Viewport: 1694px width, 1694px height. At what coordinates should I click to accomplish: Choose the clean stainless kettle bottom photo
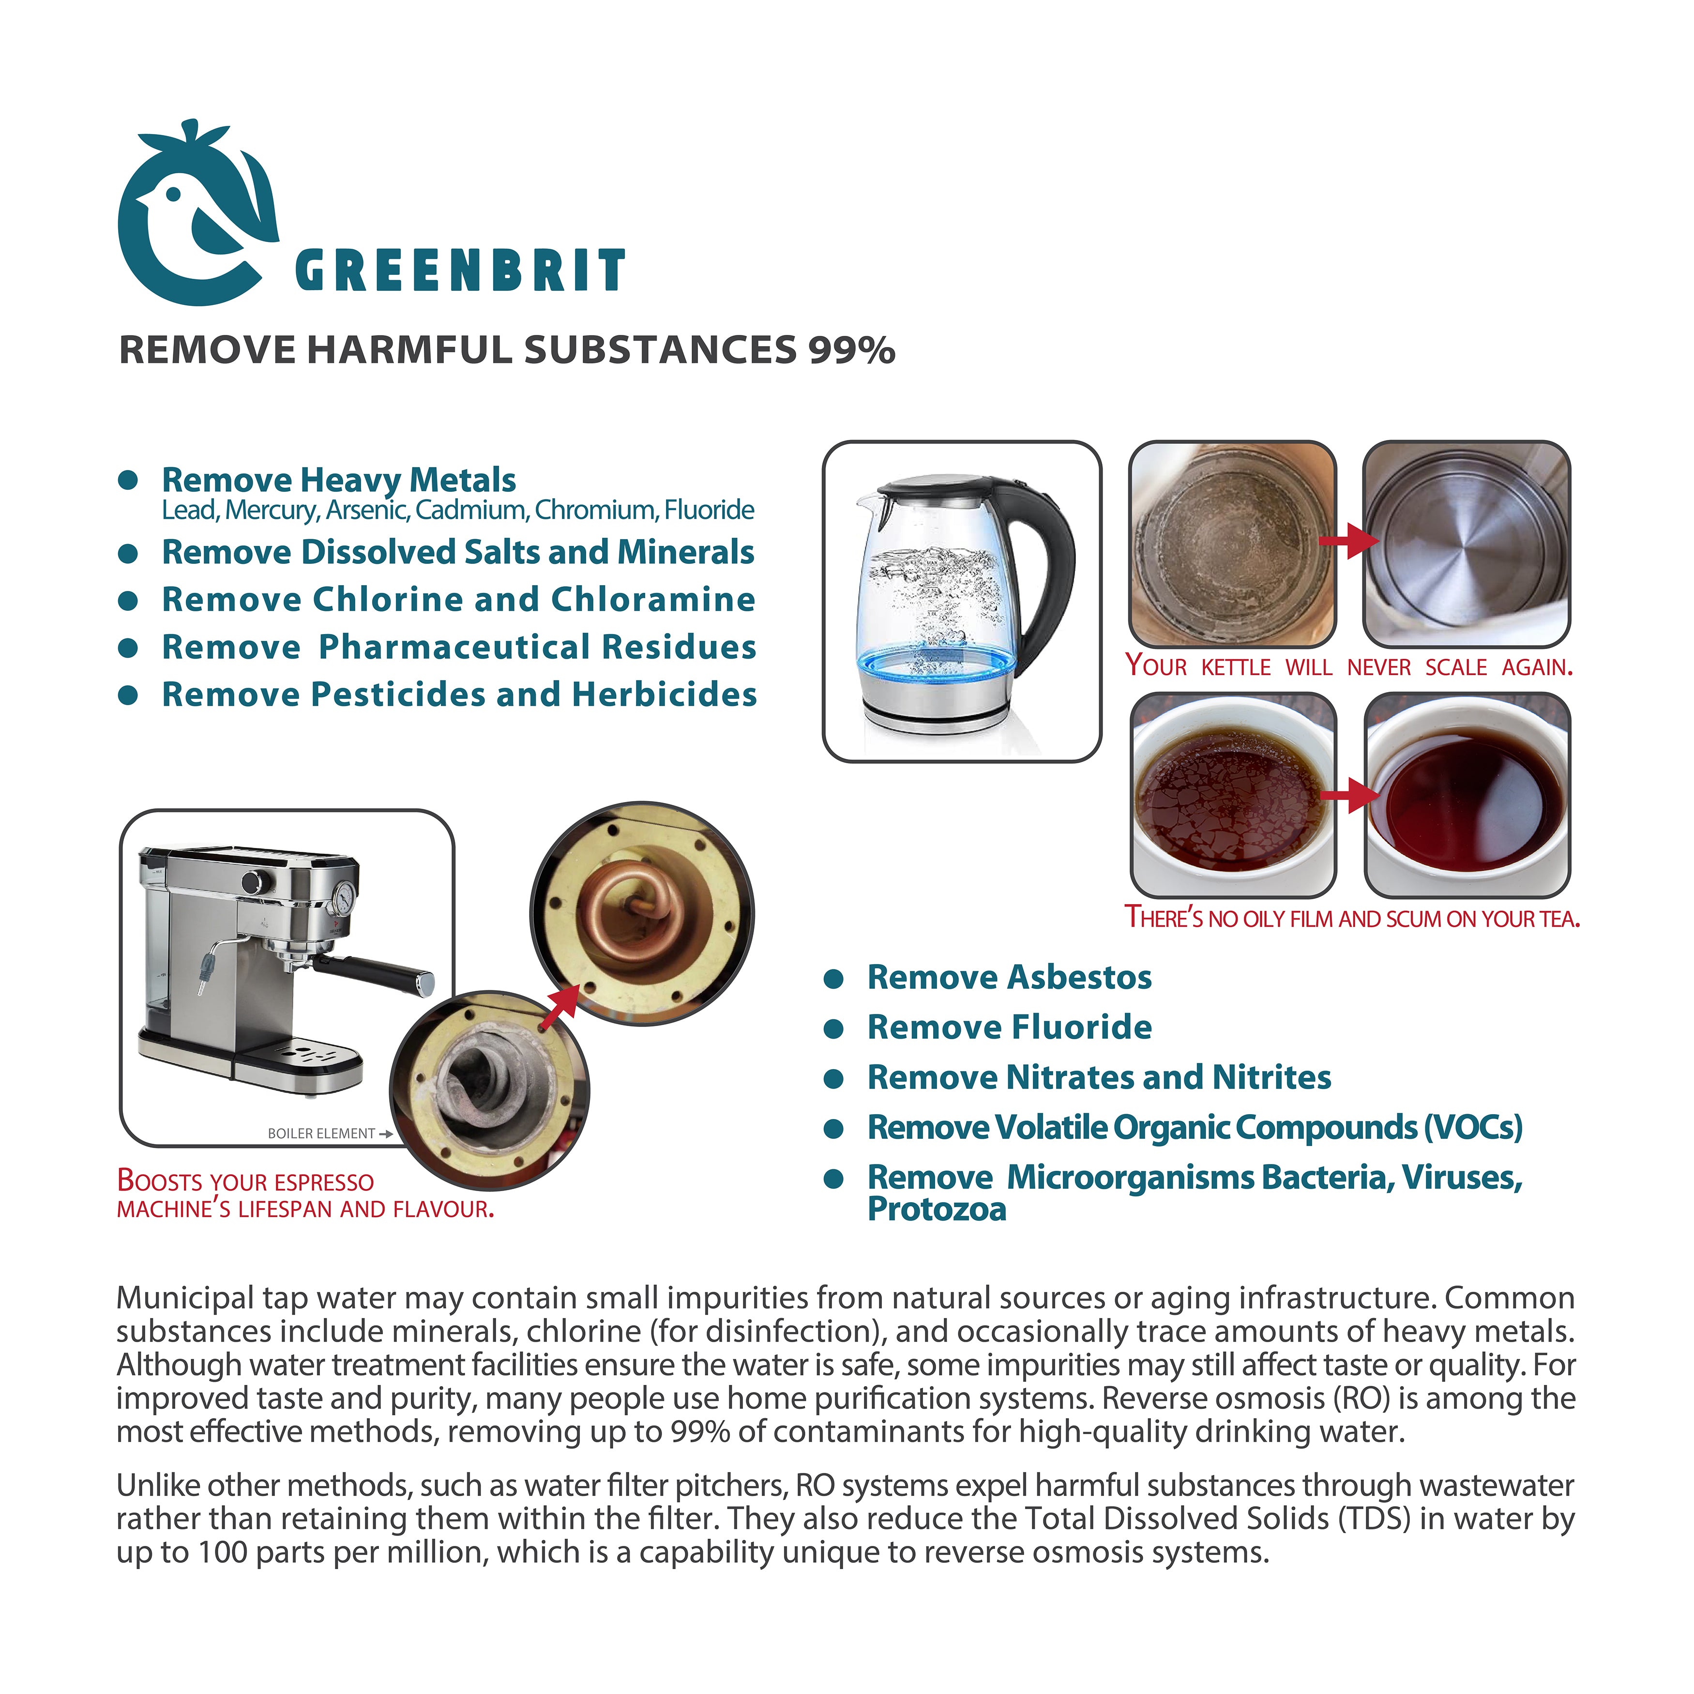(x=1466, y=544)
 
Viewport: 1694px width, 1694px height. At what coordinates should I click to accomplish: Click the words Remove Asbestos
(x=1009, y=978)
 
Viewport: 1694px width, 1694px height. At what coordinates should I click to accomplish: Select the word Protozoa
(x=937, y=1210)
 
